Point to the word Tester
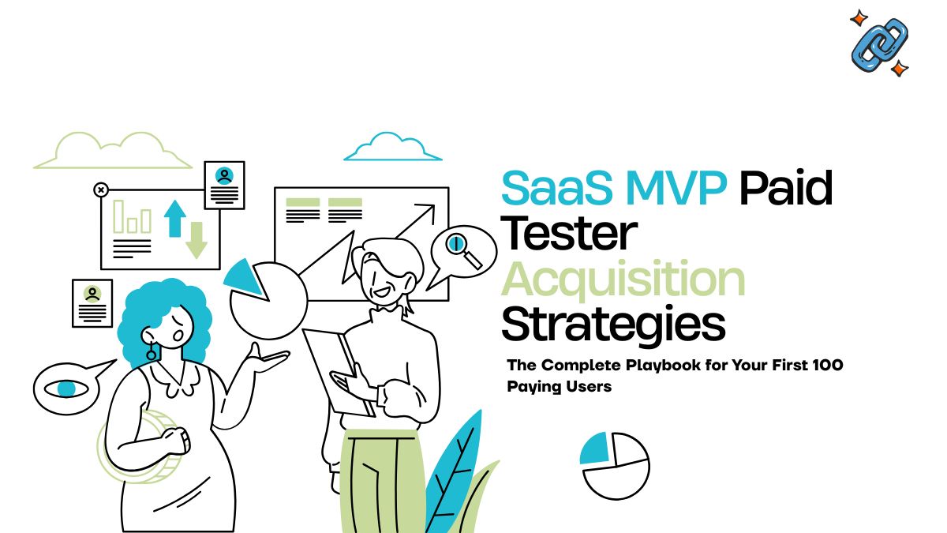coord(569,234)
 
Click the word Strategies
coord(613,324)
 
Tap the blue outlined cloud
coord(391,148)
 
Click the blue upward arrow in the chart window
coord(174,217)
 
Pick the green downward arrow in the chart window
coord(196,240)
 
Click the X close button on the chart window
coord(101,190)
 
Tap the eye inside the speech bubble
coord(66,388)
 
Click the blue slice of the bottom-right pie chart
coord(594,449)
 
